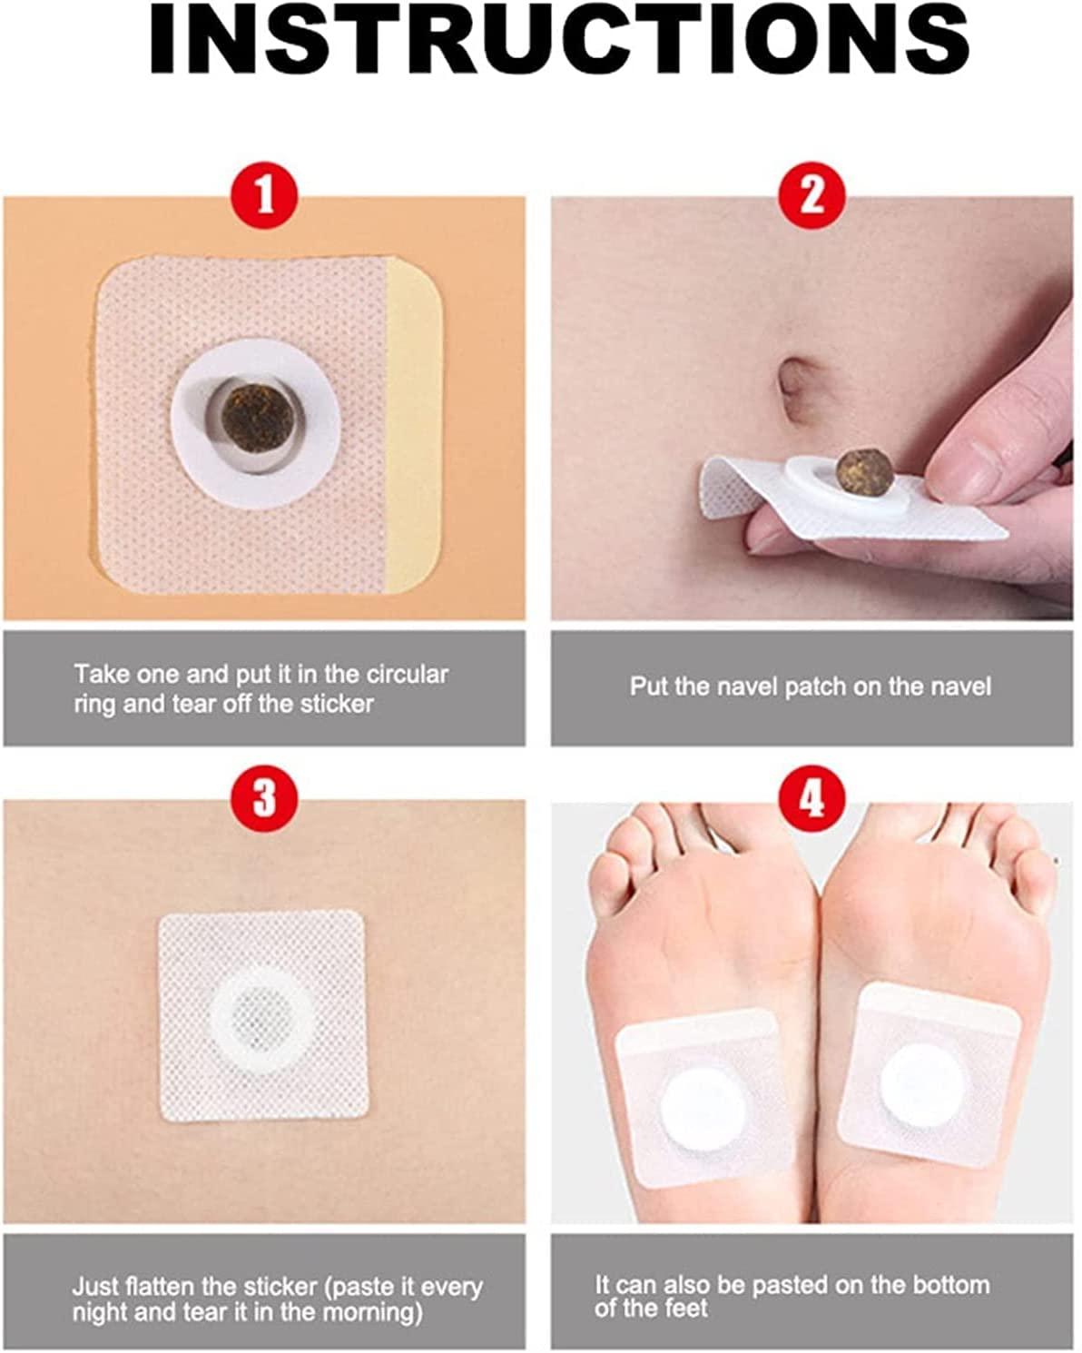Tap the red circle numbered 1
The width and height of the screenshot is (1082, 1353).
265,195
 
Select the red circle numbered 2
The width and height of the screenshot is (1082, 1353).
811,195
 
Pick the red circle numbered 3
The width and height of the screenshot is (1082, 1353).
265,798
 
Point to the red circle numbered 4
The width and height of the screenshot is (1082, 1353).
811,798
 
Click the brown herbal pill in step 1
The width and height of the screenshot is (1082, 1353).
257,418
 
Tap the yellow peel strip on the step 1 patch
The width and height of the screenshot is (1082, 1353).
413,425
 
